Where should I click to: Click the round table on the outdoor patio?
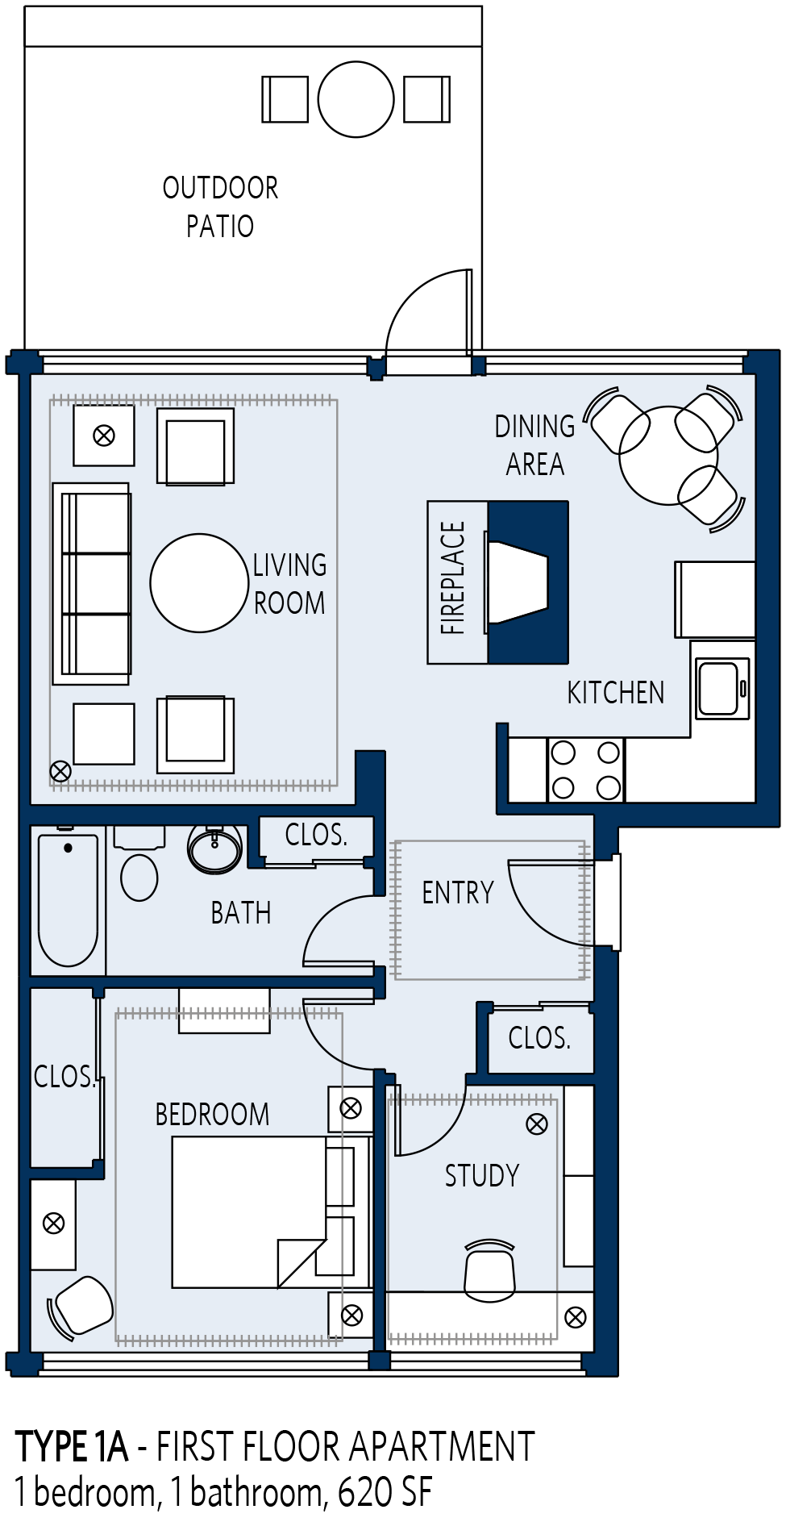(x=356, y=99)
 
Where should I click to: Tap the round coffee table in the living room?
(x=199, y=582)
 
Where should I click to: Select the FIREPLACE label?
(x=453, y=578)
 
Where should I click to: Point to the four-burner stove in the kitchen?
(x=586, y=770)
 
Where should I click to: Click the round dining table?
(x=668, y=456)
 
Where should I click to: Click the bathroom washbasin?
(x=214, y=849)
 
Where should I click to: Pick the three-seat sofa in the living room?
(x=91, y=584)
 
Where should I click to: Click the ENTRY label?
(x=458, y=893)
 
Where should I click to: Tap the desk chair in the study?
(x=490, y=1270)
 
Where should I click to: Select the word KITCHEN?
(x=616, y=693)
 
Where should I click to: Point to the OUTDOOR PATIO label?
(x=220, y=207)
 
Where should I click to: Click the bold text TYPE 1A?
(x=72, y=1447)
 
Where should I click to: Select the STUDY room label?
(x=482, y=1176)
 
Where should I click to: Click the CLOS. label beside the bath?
(x=316, y=835)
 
